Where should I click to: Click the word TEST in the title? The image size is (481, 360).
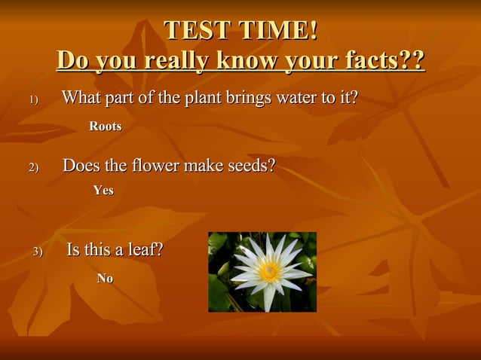pos(198,31)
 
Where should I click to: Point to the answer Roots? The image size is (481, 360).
pos(106,127)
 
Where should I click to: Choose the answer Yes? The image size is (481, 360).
pos(103,191)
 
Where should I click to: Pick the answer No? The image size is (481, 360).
pos(105,279)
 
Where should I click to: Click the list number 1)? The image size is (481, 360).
pos(33,100)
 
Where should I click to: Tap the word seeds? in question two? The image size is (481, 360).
pos(250,165)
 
